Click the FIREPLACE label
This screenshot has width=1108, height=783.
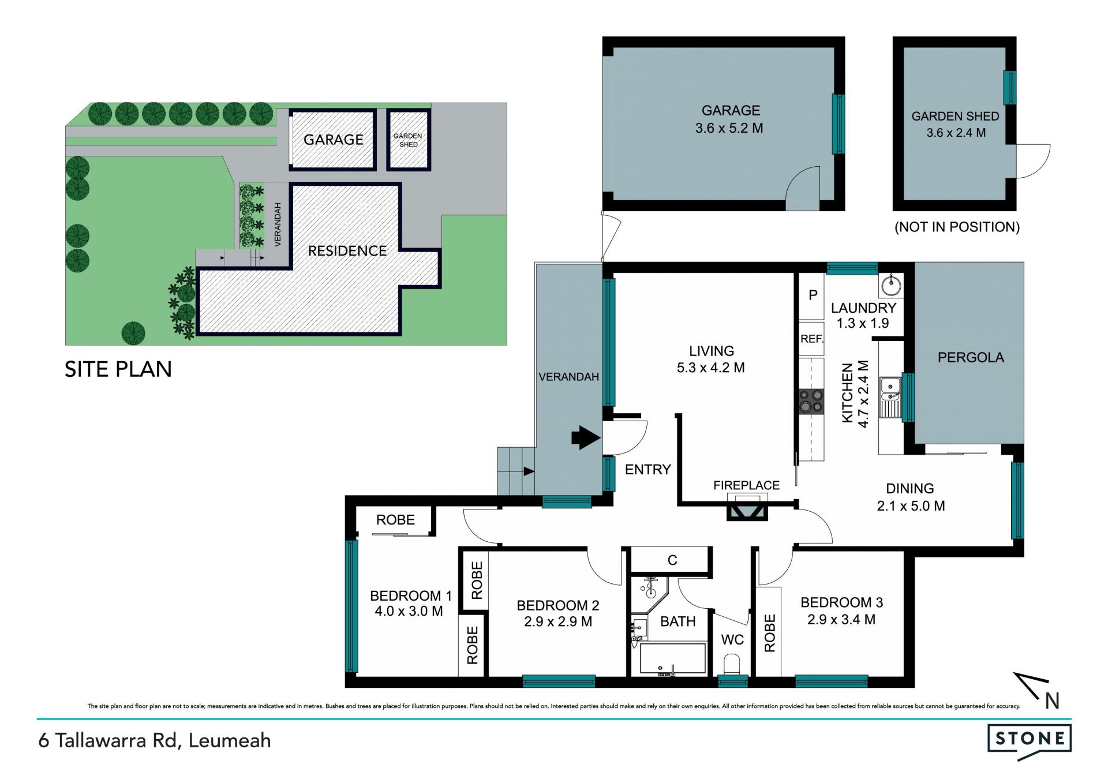pyautogui.click(x=746, y=485)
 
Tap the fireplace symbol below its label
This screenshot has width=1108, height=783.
pyautogui.click(x=747, y=511)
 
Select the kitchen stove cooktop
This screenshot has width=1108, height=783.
pyautogui.click(x=811, y=402)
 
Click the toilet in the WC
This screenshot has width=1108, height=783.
pyautogui.click(x=732, y=664)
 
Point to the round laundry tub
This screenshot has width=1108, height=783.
pyautogui.click(x=891, y=285)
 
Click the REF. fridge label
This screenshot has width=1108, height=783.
pyautogui.click(x=811, y=339)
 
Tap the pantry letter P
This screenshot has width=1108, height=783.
pyautogui.click(x=813, y=295)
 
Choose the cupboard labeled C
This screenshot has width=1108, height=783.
pyautogui.click(x=672, y=560)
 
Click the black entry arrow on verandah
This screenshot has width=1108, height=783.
pyautogui.click(x=586, y=438)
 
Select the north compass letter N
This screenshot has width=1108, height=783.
pyautogui.click(x=1052, y=701)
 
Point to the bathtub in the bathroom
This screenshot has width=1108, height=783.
pyautogui.click(x=673, y=658)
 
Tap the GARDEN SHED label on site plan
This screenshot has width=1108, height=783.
pyautogui.click(x=408, y=140)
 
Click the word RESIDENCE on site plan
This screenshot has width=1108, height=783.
pyautogui.click(x=347, y=251)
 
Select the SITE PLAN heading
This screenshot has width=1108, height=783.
pyautogui.click(x=118, y=369)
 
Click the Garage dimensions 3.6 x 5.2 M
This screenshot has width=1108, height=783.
pyautogui.click(x=729, y=128)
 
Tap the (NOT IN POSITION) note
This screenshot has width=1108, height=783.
pyautogui.click(x=957, y=227)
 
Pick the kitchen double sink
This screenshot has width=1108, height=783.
pyautogui.click(x=890, y=397)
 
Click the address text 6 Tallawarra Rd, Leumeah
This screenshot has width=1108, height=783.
pyautogui.click(x=155, y=740)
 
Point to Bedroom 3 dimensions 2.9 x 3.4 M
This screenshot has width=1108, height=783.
pyautogui.click(x=841, y=620)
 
